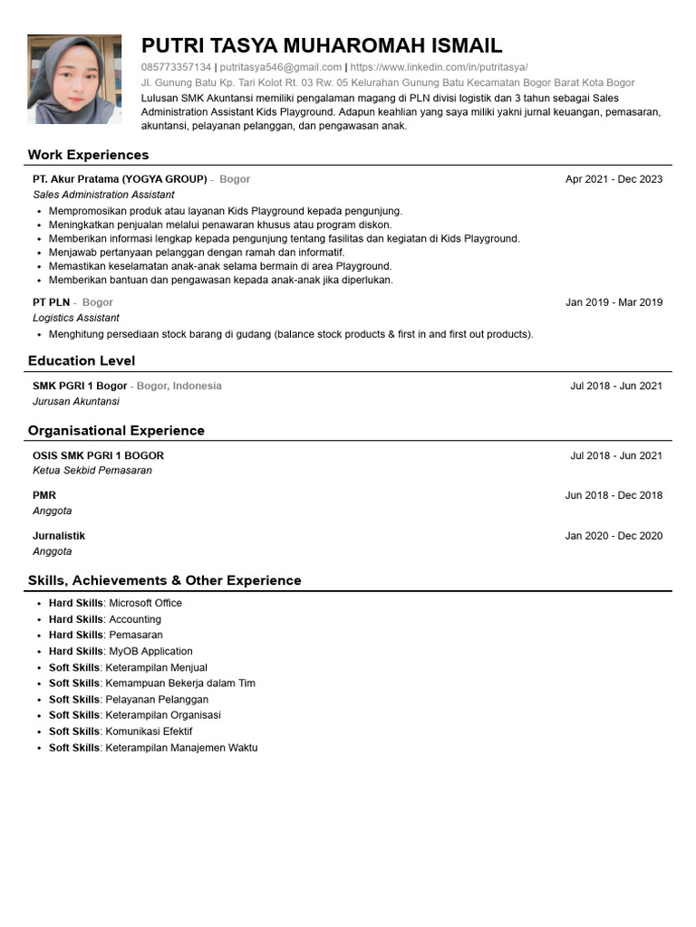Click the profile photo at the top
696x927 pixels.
pyautogui.click(x=74, y=80)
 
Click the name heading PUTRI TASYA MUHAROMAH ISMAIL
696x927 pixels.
pyautogui.click(x=322, y=46)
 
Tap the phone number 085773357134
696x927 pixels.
pyautogui.click(x=176, y=67)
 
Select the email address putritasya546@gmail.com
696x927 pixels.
pyautogui.click(x=281, y=67)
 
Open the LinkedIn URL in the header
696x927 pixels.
pyautogui.click(x=439, y=67)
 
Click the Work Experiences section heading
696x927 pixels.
pyautogui.click(x=88, y=155)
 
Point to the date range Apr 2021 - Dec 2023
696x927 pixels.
pyautogui.click(x=614, y=179)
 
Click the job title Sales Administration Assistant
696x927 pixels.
pyautogui.click(x=103, y=195)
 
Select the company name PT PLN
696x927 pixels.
pyautogui.click(x=52, y=302)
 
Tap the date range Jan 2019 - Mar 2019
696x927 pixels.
pyautogui.click(x=614, y=302)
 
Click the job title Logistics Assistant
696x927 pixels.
pyautogui.click(x=76, y=318)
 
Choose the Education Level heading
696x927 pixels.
pyautogui.click(x=82, y=361)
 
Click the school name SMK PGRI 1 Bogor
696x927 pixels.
pyautogui.click(x=80, y=386)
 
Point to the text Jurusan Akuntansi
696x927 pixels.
pyautogui.click(x=76, y=401)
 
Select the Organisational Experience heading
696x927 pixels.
pyautogui.click(x=116, y=431)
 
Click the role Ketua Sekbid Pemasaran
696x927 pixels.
pyautogui.click(x=92, y=471)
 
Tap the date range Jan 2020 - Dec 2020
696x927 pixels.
pyautogui.click(x=614, y=536)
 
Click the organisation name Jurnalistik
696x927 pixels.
pyautogui.click(x=59, y=536)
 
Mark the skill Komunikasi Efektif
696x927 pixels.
pyautogui.click(x=149, y=731)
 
